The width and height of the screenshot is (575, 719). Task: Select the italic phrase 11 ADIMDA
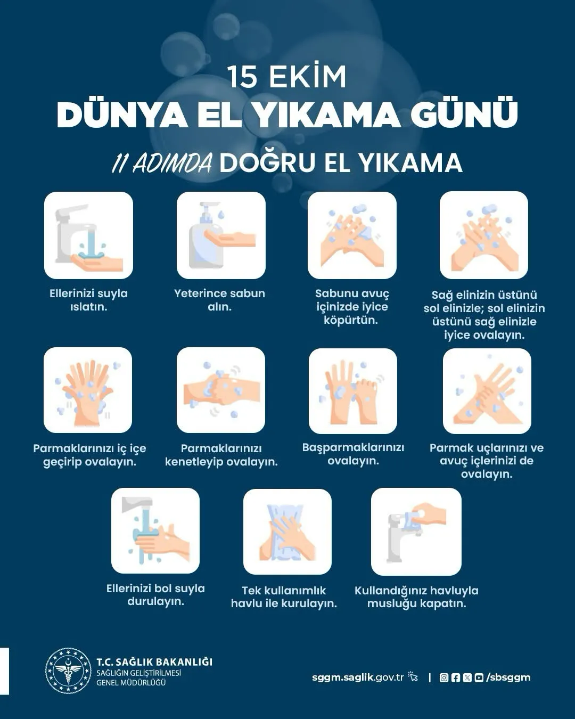click(x=162, y=164)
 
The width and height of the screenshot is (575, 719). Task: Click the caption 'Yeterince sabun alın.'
click(x=219, y=300)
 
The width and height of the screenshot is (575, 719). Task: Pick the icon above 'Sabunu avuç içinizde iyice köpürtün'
click(x=352, y=235)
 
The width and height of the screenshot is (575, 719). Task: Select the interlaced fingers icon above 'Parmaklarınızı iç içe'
click(x=88, y=390)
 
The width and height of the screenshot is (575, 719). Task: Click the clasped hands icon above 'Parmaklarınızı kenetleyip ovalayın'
click(x=221, y=390)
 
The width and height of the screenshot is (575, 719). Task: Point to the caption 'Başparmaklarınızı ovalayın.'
click(x=353, y=454)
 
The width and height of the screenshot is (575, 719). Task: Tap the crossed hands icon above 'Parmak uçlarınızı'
click(x=487, y=391)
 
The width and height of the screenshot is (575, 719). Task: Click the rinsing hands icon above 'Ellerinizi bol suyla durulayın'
click(x=155, y=530)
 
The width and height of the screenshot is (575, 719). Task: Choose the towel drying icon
click(x=287, y=532)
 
